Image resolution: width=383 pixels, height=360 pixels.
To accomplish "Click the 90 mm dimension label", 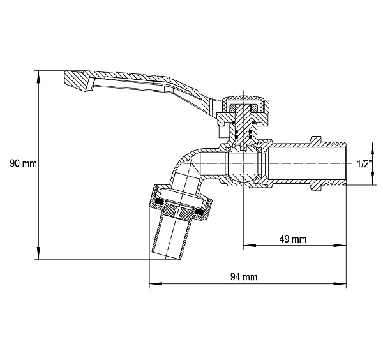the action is [x=23, y=163].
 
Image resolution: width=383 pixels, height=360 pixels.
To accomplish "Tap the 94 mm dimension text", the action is [x=244, y=277].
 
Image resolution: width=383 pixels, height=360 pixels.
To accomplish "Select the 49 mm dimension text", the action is [x=292, y=239].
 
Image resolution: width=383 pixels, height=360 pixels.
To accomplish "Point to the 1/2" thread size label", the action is [x=364, y=163].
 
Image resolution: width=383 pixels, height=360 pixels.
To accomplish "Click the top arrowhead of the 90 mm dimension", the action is [x=38, y=77].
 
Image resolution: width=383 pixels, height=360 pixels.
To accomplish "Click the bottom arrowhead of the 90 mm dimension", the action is [x=38, y=253].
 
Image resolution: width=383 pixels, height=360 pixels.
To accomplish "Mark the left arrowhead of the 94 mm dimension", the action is [x=156, y=284].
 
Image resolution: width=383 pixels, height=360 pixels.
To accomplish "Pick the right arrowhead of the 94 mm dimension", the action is [x=340, y=284].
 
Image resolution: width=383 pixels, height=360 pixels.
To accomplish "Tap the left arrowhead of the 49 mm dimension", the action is [x=250, y=245].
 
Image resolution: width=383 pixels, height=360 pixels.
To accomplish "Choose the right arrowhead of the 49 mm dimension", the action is [x=340, y=245].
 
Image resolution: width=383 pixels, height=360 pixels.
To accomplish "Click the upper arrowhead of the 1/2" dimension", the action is [x=373, y=148].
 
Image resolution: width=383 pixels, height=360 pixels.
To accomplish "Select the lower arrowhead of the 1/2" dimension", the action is [x=373, y=179].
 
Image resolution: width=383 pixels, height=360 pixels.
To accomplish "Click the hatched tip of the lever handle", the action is [x=79, y=81].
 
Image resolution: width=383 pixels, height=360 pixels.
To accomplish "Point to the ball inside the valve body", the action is [x=243, y=163].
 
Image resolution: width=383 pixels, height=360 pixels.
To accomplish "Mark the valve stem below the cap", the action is [x=243, y=127].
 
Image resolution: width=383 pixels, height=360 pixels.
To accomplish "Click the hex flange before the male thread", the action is [x=317, y=163].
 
